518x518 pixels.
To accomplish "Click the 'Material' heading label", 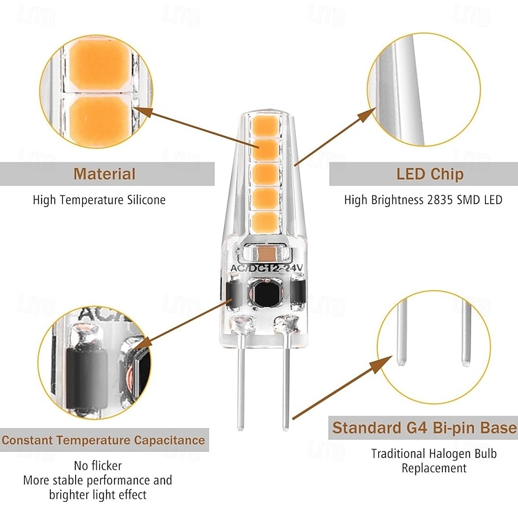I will (104, 174).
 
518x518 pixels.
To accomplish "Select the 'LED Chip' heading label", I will (429, 174).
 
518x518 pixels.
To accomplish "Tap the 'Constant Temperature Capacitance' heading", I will (103, 441).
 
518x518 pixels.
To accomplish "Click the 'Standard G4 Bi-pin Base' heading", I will (424, 428).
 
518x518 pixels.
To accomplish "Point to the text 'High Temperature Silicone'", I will (99, 200).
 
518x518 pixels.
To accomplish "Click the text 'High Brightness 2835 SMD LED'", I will (423, 200).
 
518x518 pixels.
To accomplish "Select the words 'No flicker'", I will (98, 466).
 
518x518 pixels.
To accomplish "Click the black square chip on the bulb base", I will (264, 294).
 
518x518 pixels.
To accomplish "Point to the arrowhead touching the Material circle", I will (148, 112).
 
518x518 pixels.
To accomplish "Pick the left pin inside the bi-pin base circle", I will (401, 337).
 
